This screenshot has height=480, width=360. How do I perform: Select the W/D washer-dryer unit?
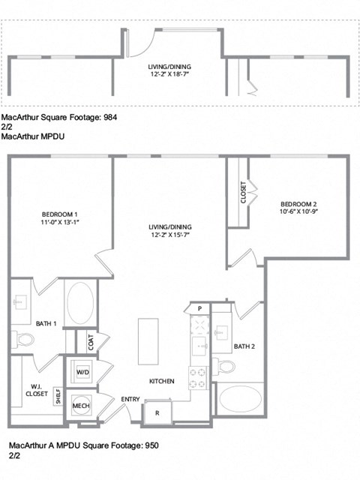tap(82, 372)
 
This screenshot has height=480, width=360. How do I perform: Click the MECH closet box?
tap(82, 406)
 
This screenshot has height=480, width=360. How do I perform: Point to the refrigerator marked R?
tap(157, 412)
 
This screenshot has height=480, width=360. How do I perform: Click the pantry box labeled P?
tap(200, 308)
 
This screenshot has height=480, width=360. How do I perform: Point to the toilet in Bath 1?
tap(25, 339)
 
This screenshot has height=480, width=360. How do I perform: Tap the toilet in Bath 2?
tap(226, 366)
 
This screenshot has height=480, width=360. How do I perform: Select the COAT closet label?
tap(91, 342)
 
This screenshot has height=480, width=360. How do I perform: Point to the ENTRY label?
tap(130, 399)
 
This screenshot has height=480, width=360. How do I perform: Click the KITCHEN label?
tap(161, 382)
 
